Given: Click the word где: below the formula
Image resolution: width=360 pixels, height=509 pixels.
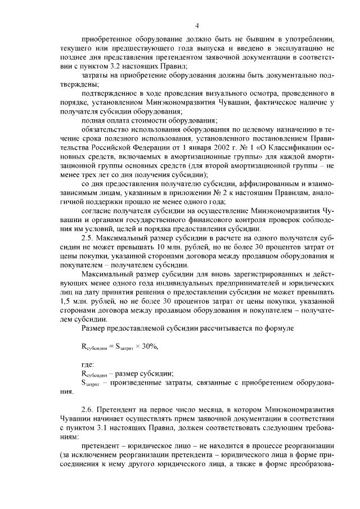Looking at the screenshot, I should pyautogui.click(x=89, y=366).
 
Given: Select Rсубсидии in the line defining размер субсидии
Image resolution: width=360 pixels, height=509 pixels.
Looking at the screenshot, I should pyautogui.click(x=94, y=374).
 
